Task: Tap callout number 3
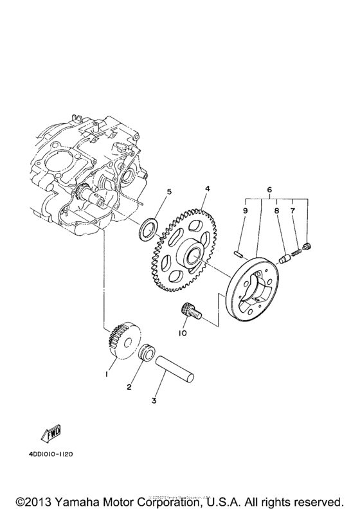[x=154, y=401]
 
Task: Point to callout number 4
[x=207, y=189]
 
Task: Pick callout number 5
[x=169, y=191]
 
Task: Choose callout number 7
[x=293, y=210]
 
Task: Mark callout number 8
[x=276, y=210]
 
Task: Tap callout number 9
[x=245, y=210]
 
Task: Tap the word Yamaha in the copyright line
[x=79, y=499]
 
